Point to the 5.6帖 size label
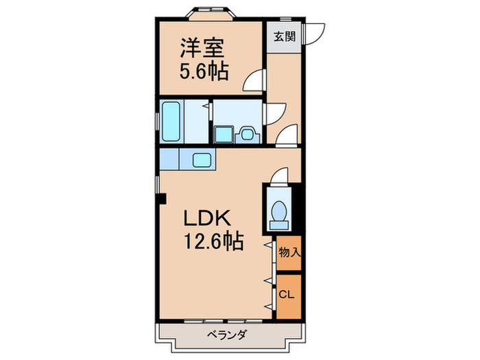tap(204, 71)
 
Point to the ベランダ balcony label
tap(226, 335)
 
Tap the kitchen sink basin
tap(203, 160)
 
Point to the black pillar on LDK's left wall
tap(161, 200)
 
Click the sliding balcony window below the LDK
tap(216, 320)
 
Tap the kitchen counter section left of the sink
tap(169, 160)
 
